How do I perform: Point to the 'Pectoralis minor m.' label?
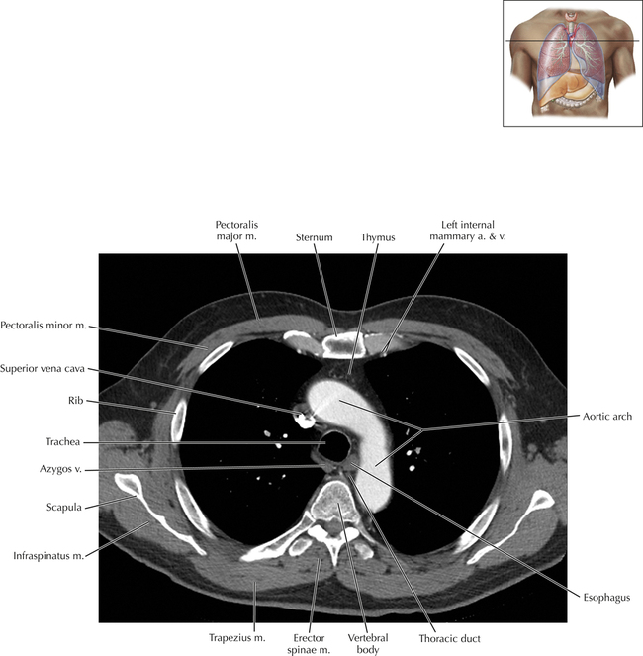(x=43, y=324)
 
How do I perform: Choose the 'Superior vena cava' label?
(x=44, y=368)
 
